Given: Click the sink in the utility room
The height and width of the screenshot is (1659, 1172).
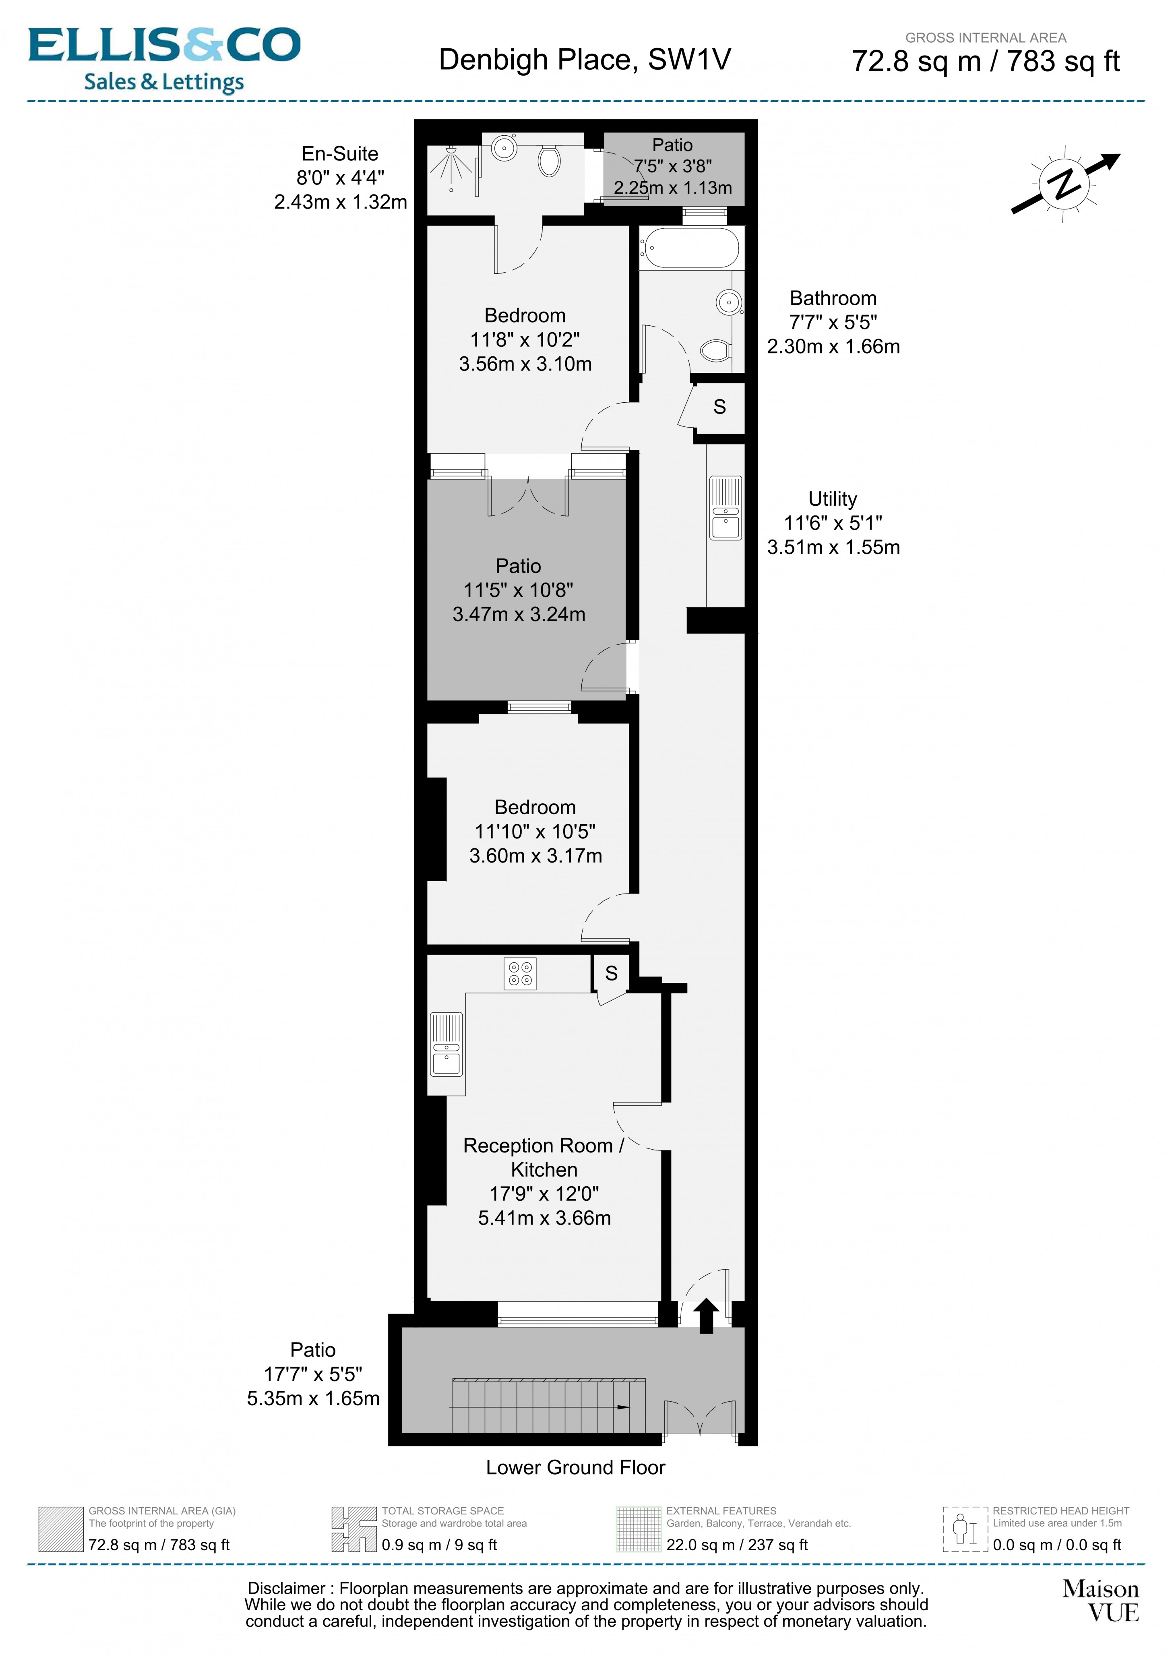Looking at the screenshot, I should point(726,508).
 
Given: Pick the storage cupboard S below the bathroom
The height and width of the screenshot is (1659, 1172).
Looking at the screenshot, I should point(719,408).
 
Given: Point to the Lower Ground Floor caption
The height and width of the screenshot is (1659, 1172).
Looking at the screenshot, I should point(575,1467).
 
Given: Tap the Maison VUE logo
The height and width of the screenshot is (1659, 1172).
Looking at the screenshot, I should point(1100,1601).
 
